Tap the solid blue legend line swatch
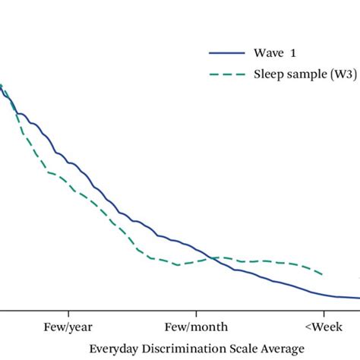coord(226,53)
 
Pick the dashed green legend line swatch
coord(226,74)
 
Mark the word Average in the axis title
coord(272,349)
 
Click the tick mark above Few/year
coord(68,313)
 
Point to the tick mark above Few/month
coord(196,313)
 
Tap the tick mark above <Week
coord(324,313)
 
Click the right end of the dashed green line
coord(324,275)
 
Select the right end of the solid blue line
coord(358,298)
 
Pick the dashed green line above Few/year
coord(68,183)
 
